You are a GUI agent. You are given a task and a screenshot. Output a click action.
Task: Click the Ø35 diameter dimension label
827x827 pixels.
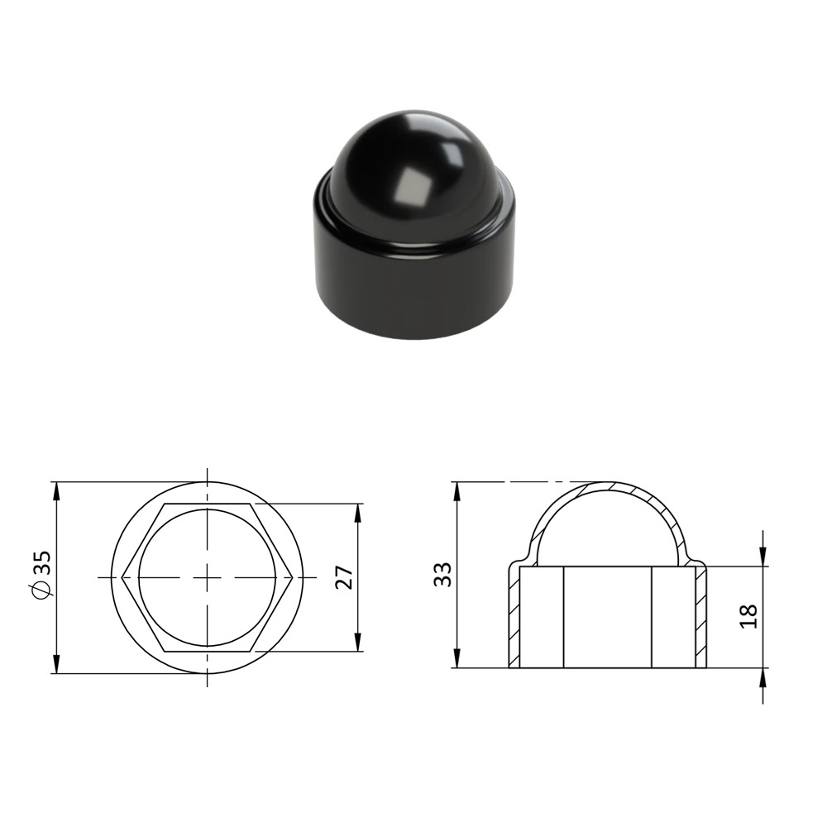(x=42, y=575)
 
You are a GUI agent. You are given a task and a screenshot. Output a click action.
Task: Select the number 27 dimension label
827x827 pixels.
(x=344, y=577)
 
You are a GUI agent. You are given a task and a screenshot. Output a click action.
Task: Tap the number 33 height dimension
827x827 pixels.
(x=442, y=575)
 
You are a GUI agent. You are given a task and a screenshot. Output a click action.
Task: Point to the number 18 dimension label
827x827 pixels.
(x=748, y=615)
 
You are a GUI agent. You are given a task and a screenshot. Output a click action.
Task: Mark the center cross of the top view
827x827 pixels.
(x=208, y=577)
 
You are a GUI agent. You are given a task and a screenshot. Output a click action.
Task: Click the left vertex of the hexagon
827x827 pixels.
(x=122, y=577)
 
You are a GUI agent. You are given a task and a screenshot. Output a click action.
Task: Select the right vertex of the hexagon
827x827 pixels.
(x=293, y=577)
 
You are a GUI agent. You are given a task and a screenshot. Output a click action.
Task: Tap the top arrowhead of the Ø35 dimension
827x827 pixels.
(x=56, y=492)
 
